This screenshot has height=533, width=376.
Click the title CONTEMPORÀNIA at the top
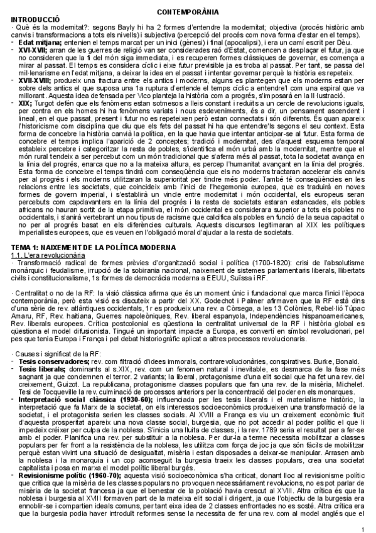(188, 13)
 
